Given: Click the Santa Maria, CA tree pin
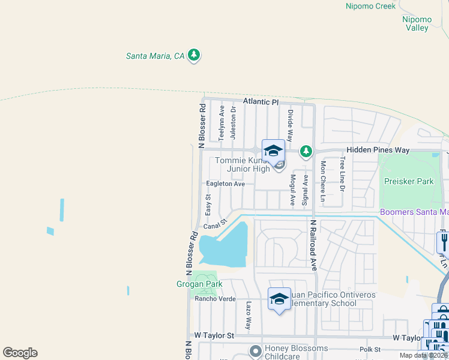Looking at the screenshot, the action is point(193,56).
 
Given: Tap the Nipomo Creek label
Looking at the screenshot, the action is point(370,6).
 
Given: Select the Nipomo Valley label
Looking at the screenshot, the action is point(415,23).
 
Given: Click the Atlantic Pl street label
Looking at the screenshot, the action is point(261,102).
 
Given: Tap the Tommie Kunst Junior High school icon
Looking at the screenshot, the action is point(273,151).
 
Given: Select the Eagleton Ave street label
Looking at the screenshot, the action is point(225,184).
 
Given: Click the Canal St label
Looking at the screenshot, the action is point(215,224).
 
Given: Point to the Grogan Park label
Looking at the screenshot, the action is point(199,284).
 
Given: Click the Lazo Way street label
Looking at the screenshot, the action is point(248,316).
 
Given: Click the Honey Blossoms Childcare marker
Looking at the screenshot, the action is point(256,350).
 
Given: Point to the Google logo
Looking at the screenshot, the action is point(20,353).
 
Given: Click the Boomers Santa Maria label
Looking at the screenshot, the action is point(414,212).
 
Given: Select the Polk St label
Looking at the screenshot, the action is point(369,349).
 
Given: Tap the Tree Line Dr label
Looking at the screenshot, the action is point(342,174).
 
